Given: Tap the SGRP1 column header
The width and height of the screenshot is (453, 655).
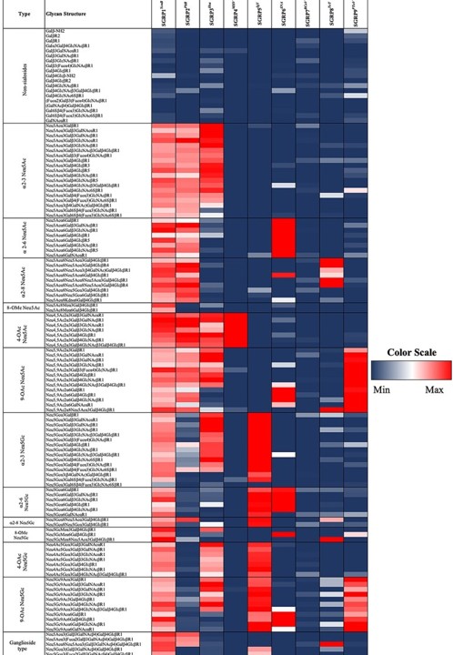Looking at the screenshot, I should point(161,14).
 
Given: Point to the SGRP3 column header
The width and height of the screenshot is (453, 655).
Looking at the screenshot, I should point(212,14).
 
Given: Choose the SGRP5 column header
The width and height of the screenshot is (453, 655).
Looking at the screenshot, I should point(261,14).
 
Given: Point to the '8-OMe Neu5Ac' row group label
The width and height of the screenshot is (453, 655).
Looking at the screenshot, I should point(19,307).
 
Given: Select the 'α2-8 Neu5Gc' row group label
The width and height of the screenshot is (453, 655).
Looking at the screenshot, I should point(19,523).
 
